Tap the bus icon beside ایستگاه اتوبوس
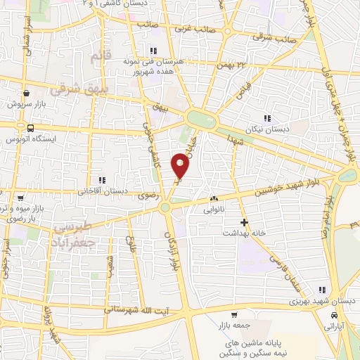pos(30,128)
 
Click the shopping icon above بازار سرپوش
pos(26,93)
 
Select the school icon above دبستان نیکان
pos(266,118)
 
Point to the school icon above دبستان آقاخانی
pos(103,179)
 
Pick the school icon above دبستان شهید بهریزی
pos(321,290)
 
